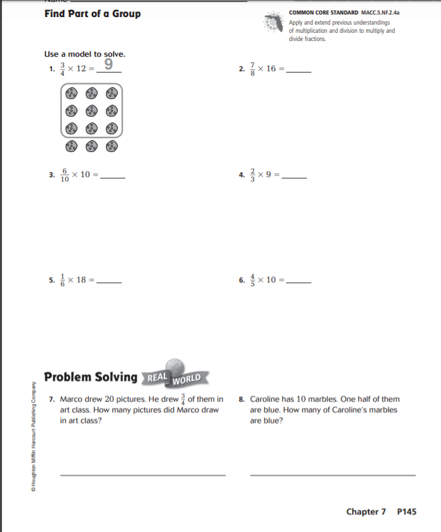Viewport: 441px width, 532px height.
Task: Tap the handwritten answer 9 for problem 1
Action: pyautogui.click(x=109, y=64)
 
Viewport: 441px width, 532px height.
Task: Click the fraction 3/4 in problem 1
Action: pyautogui.click(x=62, y=69)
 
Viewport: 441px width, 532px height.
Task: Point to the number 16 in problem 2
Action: pyautogui.click(x=271, y=69)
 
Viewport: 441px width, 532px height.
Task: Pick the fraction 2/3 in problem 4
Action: pyautogui.click(x=253, y=175)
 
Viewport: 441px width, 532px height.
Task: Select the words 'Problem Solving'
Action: pyautogui.click(x=91, y=377)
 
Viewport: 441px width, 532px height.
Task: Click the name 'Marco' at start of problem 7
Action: pyautogui.click(x=71, y=399)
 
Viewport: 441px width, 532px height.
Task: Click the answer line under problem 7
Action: pyautogui.click(x=142, y=475)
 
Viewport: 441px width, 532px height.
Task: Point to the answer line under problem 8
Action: pyautogui.click(x=333, y=475)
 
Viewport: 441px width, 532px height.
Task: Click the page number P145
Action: pyautogui.click(x=407, y=512)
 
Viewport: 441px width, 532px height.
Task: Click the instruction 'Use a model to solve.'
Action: pyautogui.click(x=85, y=54)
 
